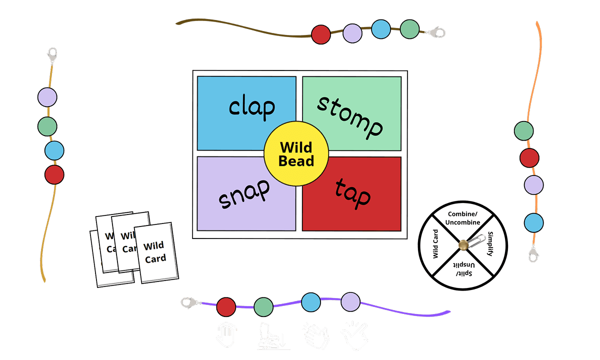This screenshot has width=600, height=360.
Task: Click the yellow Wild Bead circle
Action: click(296, 153)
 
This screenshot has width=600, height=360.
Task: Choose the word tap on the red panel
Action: click(352, 192)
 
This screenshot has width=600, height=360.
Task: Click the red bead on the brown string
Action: click(320, 34)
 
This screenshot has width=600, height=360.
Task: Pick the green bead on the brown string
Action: click(409, 29)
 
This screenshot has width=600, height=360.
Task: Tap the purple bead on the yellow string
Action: click(47, 97)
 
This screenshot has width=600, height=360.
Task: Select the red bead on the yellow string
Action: click(54, 174)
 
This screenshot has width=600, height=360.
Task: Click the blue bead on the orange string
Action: click(534, 222)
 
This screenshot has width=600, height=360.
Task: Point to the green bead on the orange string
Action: click(523, 130)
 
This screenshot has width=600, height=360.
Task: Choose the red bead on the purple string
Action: click(226, 306)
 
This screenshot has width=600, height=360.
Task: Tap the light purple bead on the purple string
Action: click(350, 301)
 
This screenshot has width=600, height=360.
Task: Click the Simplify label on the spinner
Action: click(490, 244)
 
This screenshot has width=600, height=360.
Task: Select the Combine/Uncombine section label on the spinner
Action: click(463, 219)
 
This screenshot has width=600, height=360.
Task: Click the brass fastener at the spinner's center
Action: click(463, 245)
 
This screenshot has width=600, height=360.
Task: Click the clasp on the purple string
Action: click(190, 302)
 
